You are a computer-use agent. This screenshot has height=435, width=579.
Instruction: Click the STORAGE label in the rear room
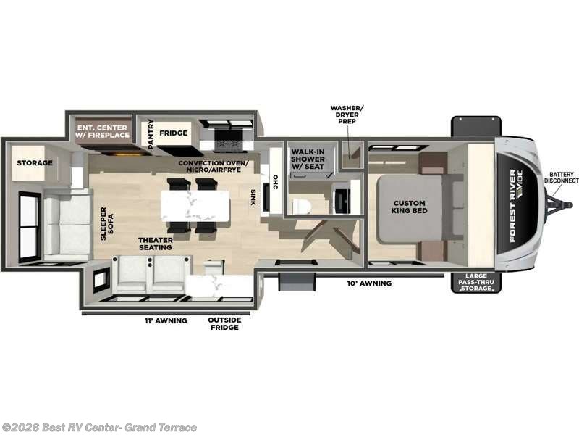click(35, 163)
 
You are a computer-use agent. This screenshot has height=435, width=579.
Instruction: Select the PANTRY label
click(151, 133)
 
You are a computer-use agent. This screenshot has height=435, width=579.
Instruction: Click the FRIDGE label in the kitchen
click(174, 133)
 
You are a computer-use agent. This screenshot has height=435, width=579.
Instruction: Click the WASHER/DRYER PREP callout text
click(347, 114)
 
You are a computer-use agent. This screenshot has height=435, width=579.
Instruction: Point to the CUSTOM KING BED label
click(410, 206)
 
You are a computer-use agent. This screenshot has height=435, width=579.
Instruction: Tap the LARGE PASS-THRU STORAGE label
click(476, 283)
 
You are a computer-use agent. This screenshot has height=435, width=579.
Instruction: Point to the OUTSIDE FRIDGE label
click(223, 323)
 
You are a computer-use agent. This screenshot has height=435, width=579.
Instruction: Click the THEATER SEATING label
click(156, 243)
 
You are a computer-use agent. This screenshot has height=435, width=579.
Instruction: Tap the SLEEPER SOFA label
click(107, 224)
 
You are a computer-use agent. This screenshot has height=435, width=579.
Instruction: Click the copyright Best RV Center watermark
click(99, 427)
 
